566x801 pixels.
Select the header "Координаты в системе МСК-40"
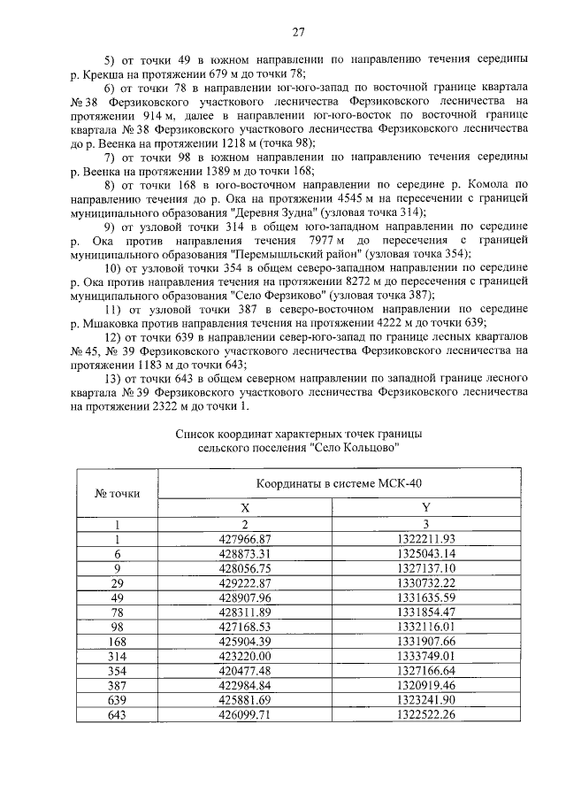(x=336, y=485)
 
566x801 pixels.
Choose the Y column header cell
(x=425, y=507)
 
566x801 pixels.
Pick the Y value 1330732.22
(x=425, y=583)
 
